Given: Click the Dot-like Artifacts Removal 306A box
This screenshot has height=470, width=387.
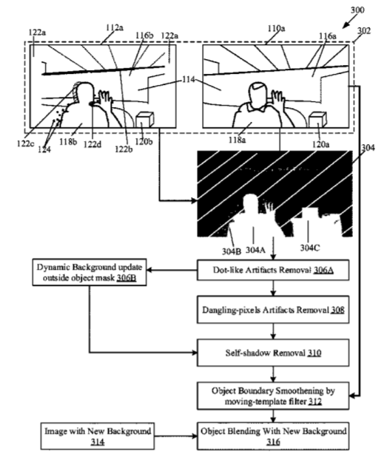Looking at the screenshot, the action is coord(273,270).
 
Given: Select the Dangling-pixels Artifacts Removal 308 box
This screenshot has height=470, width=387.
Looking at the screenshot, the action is coord(273,310).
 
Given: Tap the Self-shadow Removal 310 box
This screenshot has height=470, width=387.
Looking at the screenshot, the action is coord(273,352).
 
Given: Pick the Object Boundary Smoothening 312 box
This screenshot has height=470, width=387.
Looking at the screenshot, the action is coord(273,395).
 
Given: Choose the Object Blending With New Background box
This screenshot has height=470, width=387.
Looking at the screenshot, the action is coord(273,436).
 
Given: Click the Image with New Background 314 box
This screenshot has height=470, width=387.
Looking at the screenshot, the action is coord(98,436).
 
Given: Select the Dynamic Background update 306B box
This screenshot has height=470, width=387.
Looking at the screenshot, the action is coord(90,272).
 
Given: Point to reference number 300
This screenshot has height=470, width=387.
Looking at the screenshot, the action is coord(357,10).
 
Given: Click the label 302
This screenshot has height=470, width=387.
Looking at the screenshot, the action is coord(364,31).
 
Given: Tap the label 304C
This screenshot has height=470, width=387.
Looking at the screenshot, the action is coord(310,248).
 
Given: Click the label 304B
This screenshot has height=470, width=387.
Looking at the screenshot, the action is coord(232,251).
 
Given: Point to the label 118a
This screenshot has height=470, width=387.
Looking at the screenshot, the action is coord(238,140).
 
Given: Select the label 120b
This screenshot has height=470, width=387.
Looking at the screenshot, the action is coord(144,141).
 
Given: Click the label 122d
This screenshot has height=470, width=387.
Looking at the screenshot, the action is coord(92,145).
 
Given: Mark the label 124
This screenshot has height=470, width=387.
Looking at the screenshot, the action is coord(44,149).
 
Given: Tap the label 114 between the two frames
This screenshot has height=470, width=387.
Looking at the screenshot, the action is coord(188,79).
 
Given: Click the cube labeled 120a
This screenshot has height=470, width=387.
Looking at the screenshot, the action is coord(317,120).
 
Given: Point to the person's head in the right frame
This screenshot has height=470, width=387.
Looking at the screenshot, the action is coord(258,92).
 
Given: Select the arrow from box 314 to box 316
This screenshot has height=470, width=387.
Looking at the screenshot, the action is coord(176,436).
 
